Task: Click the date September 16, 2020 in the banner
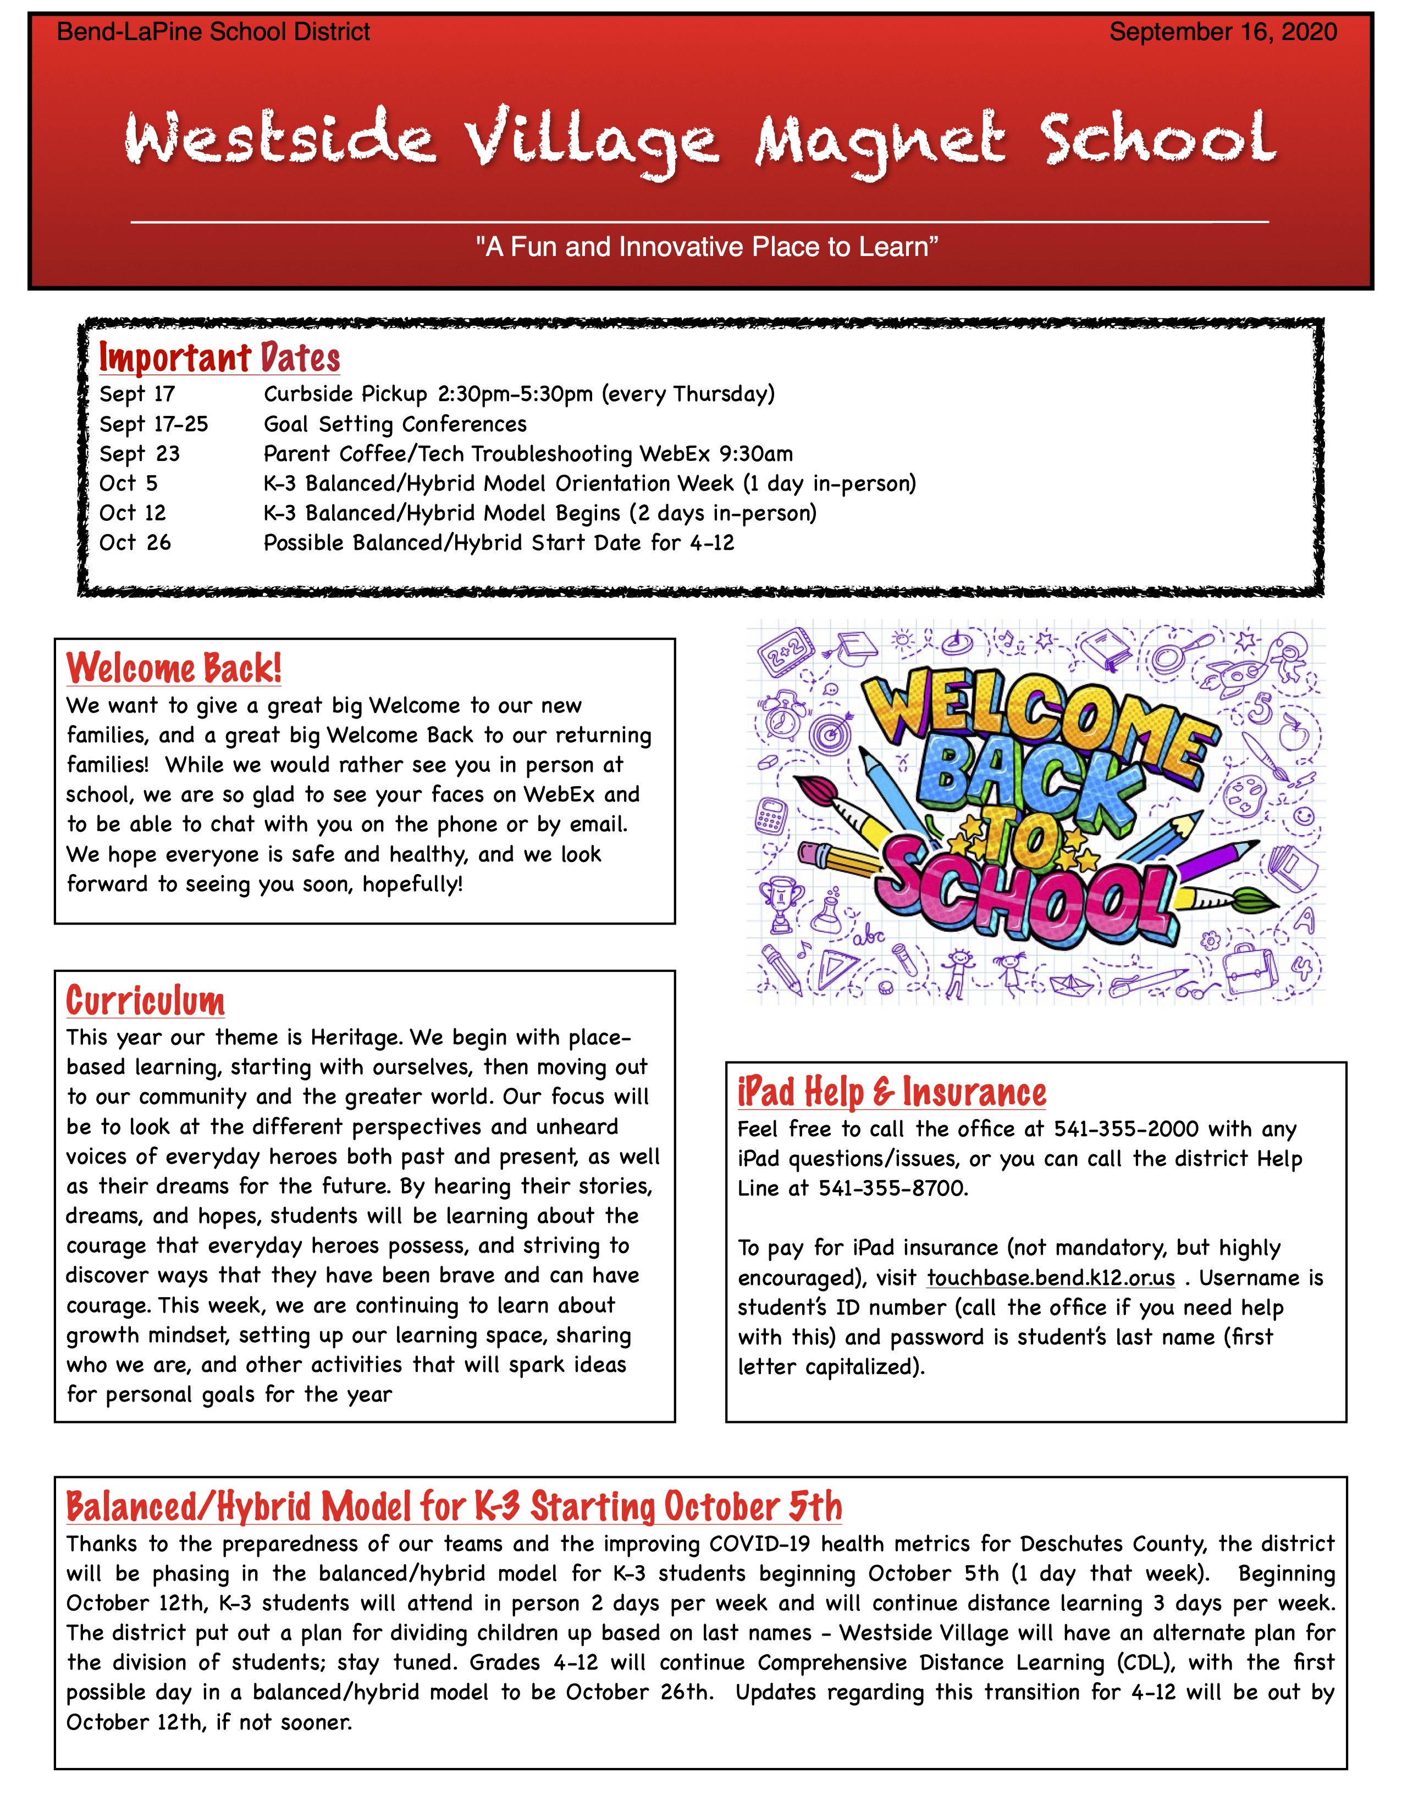click(x=1223, y=32)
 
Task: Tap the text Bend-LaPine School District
click(x=213, y=32)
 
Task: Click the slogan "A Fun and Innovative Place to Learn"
click(x=707, y=247)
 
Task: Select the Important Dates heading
click(x=219, y=358)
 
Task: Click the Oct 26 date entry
click(x=135, y=543)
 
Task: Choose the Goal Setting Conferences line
click(x=395, y=424)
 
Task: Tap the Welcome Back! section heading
click(x=174, y=668)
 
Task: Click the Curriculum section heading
click(x=145, y=1000)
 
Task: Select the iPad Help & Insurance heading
click(x=891, y=1092)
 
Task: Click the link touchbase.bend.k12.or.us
click(x=1051, y=1277)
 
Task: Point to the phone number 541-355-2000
click(x=1126, y=1129)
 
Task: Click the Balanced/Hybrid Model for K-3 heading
click(x=454, y=1506)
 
